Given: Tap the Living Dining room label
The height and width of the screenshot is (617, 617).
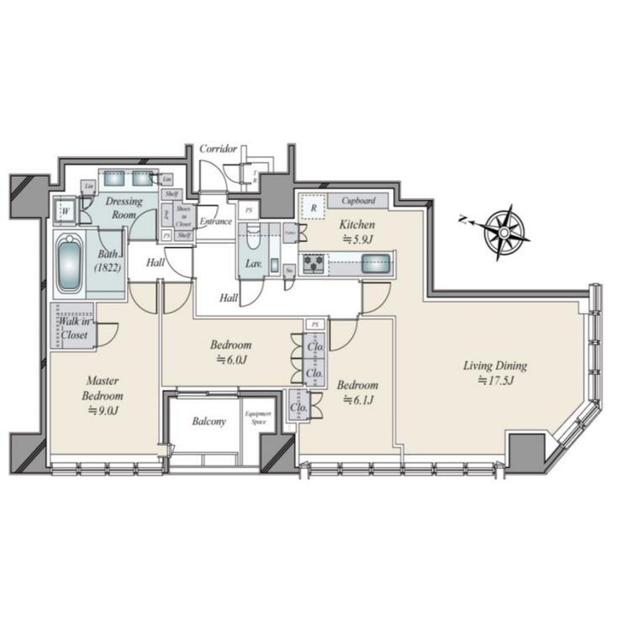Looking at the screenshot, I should tap(495, 366).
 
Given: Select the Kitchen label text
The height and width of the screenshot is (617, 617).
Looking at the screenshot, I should tap(356, 225).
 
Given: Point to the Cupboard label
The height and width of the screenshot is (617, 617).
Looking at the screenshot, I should tap(363, 202).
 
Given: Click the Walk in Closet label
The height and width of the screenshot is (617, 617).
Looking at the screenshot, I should tap(75, 327).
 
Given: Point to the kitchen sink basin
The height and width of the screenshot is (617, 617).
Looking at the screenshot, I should tap(375, 264).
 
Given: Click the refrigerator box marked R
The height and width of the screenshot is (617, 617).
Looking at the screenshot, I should tap(313, 207).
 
